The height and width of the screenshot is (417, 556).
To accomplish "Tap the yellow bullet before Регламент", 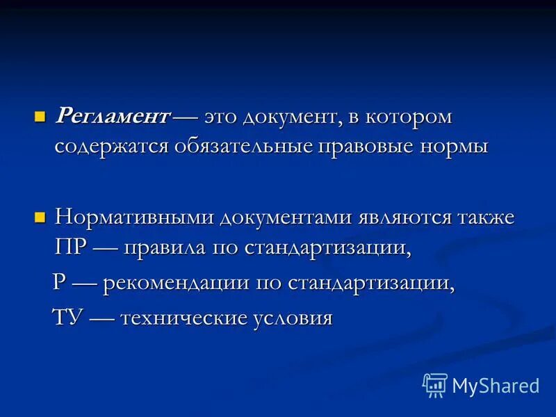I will point(40,114).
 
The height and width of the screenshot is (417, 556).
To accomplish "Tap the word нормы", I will point(455,147).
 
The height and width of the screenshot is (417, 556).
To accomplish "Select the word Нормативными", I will point(135,218).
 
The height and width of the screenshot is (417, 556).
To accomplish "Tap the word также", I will point(485,218).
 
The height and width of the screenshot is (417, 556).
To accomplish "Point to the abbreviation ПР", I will point(71,248).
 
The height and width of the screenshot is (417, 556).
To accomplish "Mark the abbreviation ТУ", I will point(69,317).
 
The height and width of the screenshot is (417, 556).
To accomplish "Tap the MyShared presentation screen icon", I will point(434,384).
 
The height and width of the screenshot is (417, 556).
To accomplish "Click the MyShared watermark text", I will point(496,385).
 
